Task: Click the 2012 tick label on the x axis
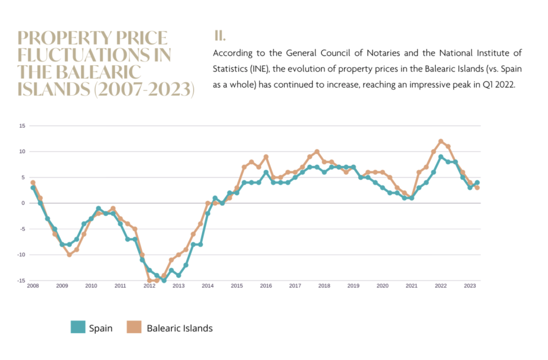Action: (149, 286)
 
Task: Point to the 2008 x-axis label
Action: (33, 286)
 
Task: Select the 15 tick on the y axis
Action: (22, 126)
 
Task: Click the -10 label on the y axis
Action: (21, 255)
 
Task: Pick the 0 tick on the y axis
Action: (23, 203)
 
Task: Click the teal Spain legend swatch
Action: (78, 328)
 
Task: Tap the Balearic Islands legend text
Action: (179, 328)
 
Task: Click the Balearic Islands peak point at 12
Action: (441, 141)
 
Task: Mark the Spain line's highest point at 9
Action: (440, 157)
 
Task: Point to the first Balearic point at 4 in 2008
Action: (33, 182)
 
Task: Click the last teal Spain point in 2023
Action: (477, 182)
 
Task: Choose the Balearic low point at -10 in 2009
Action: (69, 255)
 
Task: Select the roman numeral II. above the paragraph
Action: (219, 36)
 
